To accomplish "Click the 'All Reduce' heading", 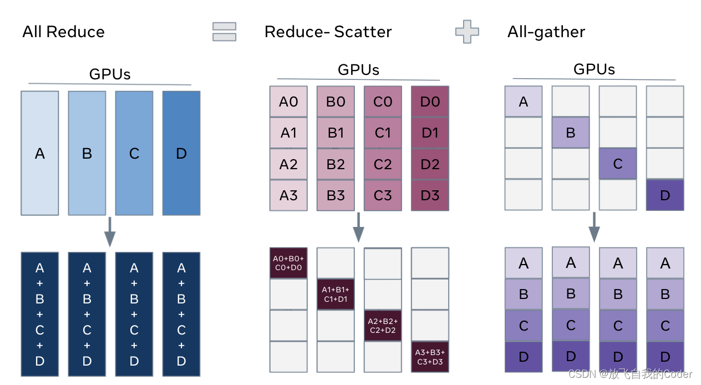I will [x=63, y=32].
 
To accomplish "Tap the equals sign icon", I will [x=224, y=32].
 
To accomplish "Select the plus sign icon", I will [x=467, y=32].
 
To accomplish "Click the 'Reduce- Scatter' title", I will [x=328, y=32].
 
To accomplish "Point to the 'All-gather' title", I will [x=546, y=32].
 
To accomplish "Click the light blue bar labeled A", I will [x=40, y=153].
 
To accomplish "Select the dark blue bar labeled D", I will [x=181, y=153].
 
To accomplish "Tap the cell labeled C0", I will [x=383, y=102].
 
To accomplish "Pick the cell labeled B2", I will [x=336, y=164].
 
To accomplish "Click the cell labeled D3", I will [x=430, y=195].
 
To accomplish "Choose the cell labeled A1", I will [x=288, y=133].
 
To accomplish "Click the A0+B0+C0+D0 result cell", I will [x=288, y=263].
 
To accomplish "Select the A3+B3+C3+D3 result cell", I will [x=430, y=356].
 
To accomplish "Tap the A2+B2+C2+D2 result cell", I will [x=383, y=325].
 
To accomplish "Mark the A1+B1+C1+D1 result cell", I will [x=336, y=294].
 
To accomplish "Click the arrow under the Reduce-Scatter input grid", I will [x=359, y=227].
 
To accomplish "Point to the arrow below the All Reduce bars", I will [x=110, y=232].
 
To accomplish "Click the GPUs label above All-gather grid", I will [x=594, y=69].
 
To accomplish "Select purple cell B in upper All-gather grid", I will [x=571, y=133].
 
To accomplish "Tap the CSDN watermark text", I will [x=630, y=374].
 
